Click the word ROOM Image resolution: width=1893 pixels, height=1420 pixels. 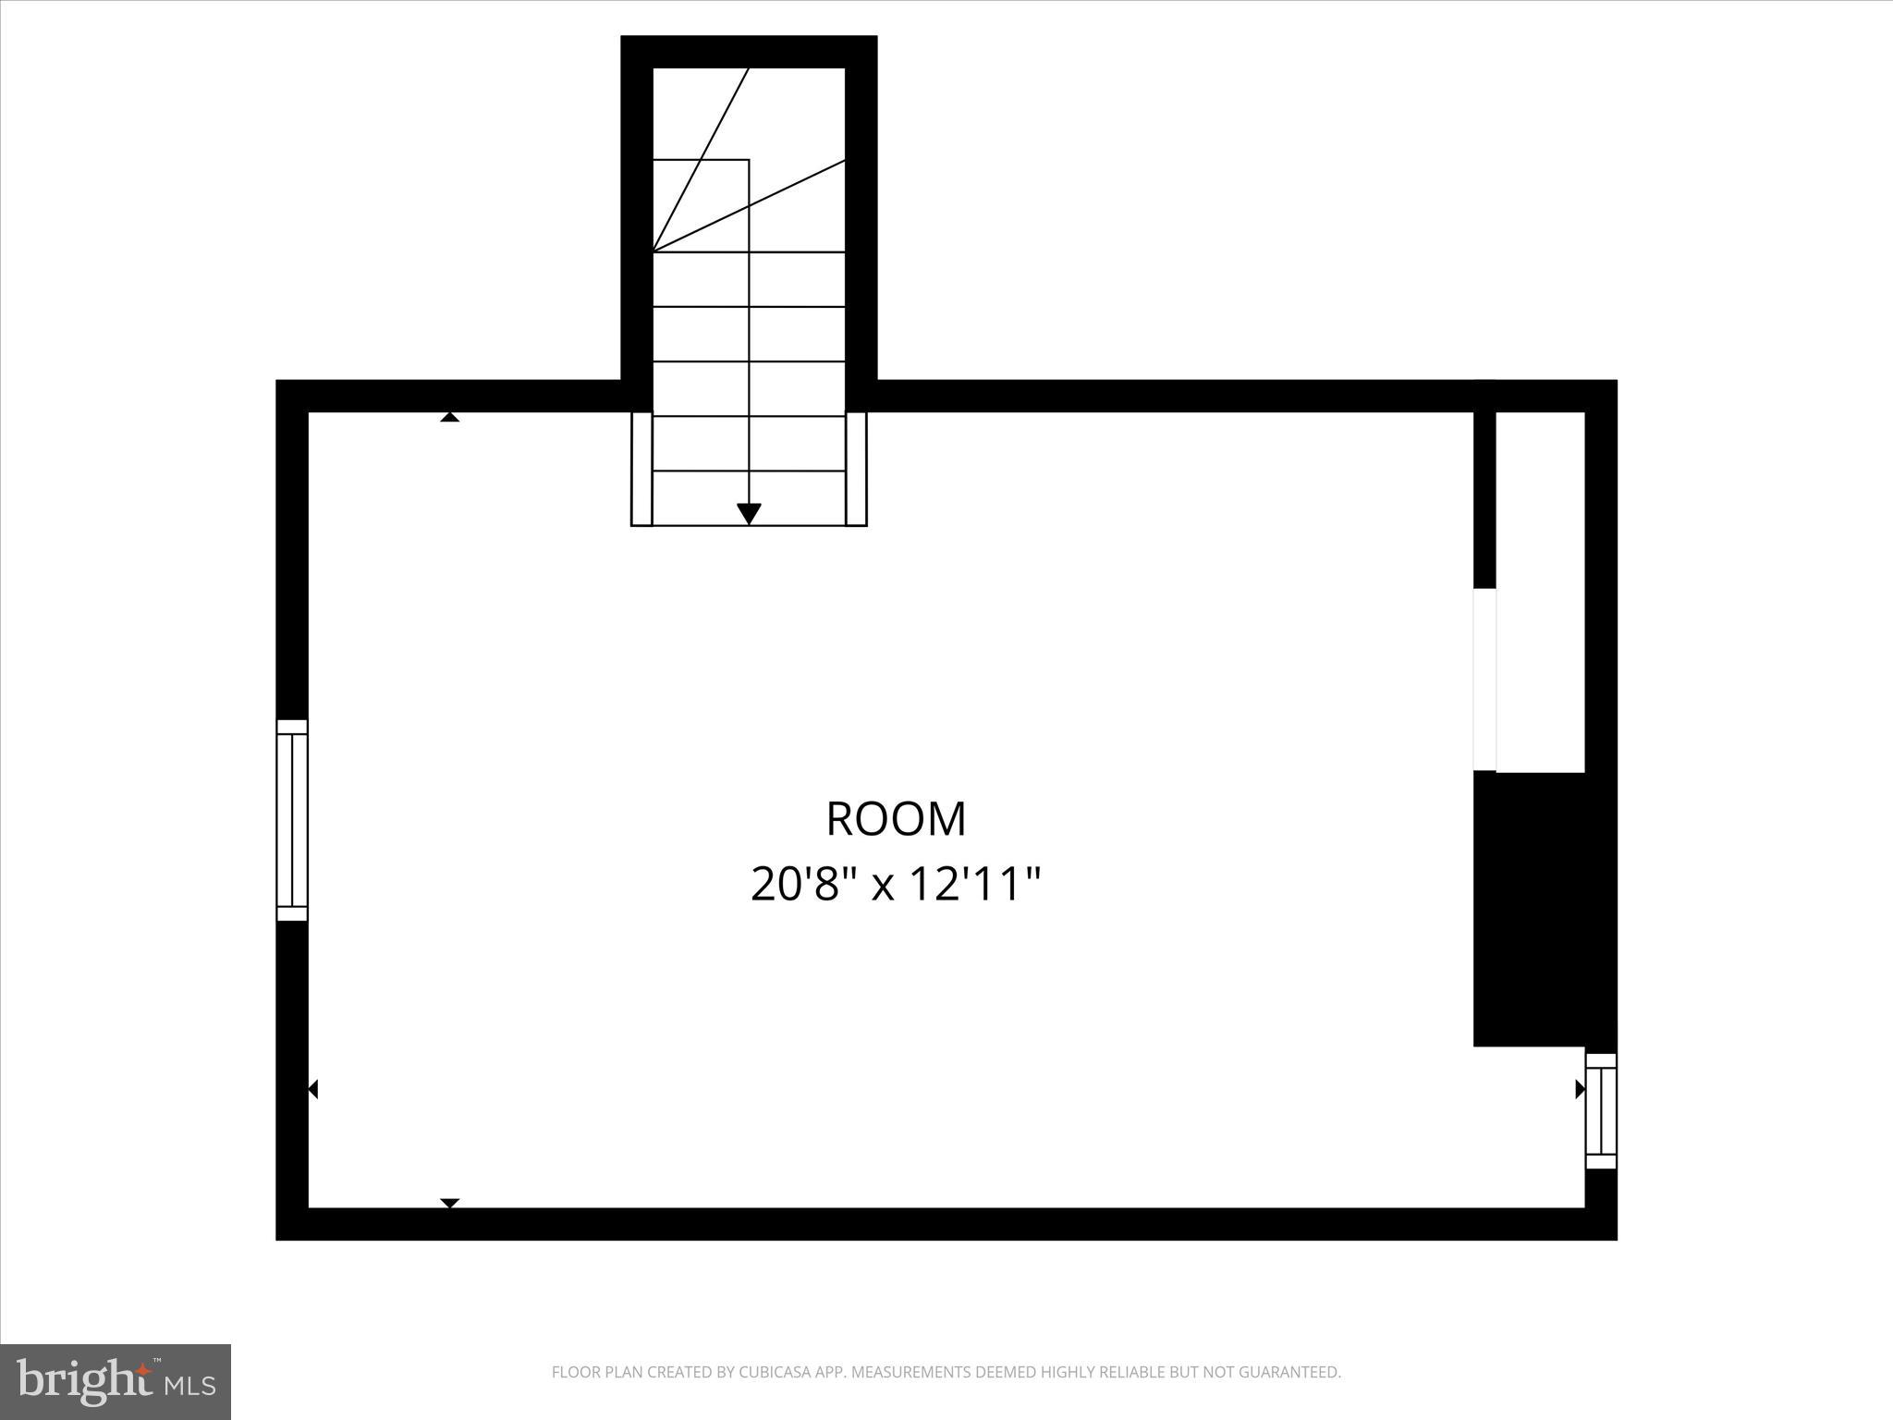point(896,819)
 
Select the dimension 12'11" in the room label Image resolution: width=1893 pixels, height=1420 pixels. point(976,884)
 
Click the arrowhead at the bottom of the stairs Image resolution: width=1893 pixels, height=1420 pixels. point(749,513)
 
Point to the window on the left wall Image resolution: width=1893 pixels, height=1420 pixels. point(292,820)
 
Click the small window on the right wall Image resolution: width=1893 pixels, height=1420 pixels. point(1601,1110)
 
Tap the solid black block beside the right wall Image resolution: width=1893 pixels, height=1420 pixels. point(1534,909)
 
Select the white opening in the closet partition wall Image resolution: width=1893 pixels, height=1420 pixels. point(1484,679)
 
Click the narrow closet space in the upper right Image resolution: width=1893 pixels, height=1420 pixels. point(1540,592)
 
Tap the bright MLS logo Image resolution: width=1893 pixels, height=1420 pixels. point(116,1382)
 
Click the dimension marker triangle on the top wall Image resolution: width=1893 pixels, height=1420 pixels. point(449,417)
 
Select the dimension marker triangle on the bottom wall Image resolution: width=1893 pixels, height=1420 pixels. point(449,1203)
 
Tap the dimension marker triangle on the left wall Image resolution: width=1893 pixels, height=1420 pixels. point(313,1089)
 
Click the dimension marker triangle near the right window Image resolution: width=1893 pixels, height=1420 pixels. point(1580,1089)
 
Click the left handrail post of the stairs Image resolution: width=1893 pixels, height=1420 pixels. point(641,469)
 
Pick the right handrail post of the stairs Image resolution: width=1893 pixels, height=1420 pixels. point(856,469)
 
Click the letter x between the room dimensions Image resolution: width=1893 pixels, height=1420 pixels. point(884,886)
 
